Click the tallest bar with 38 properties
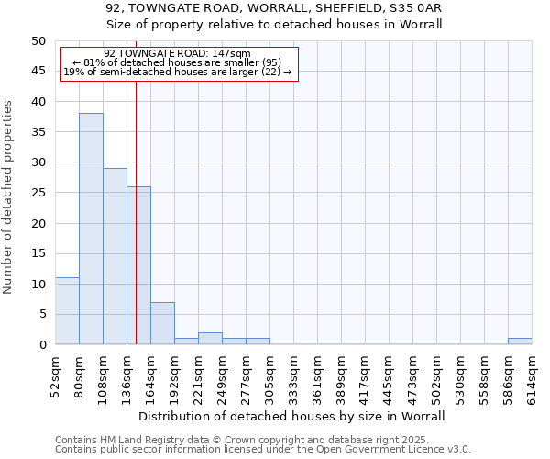pos(91,229)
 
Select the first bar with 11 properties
pos(67,311)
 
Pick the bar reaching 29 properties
pos(115,256)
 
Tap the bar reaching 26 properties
pos(138,265)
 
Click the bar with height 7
pos(162,323)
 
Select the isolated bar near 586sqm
pos(520,341)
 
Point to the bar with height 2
pos(210,339)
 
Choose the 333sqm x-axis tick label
pos(294,377)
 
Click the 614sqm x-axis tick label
pos(533,377)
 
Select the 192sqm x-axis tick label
pos(175,377)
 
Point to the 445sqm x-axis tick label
pos(390,377)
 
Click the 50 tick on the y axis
pos(38,41)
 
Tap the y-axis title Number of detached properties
pos(9,197)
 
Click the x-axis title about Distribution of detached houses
pos(293,416)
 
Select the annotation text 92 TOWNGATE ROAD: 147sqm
pos(177,54)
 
